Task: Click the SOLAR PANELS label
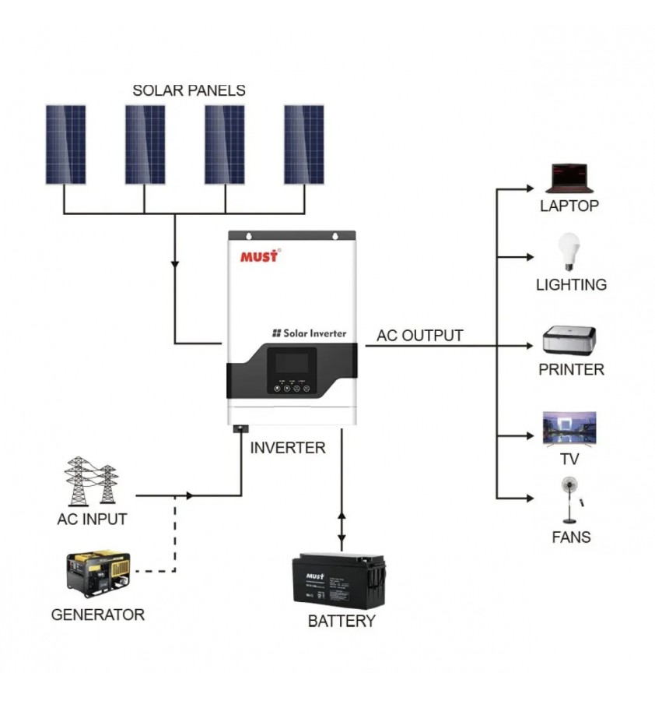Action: pos(189,90)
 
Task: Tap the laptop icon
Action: pos(570,178)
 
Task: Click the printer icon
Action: pos(570,341)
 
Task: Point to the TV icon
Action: pos(569,429)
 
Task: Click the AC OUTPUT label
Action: pos(420,336)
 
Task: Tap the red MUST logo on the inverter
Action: pos(260,256)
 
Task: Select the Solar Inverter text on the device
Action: pos(309,333)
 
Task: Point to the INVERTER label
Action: pos(288,448)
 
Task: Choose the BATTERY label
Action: pos(342,622)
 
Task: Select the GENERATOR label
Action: pos(98,615)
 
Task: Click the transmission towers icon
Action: pos(92,481)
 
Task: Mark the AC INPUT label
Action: pos(92,519)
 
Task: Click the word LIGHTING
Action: pos(571,285)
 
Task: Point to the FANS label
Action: pos(571,537)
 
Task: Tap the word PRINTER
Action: pos(571,370)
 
